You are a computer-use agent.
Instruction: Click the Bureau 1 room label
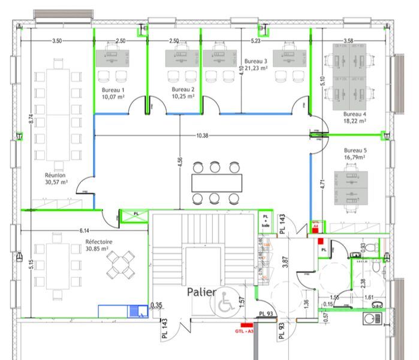click(113, 89)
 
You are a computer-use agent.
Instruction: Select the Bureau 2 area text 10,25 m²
click(183, 96)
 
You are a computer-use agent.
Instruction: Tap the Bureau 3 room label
click(256, 61)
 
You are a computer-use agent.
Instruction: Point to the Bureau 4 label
click(355, 113)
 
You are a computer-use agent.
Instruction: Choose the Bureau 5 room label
click(355, 151)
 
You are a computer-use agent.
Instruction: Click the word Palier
click(202, 293)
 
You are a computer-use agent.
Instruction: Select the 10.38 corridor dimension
click(202, 136)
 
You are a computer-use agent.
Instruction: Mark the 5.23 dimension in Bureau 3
click(255, 41)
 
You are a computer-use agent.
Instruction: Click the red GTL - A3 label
click(243, 329)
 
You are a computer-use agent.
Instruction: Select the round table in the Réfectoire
click(121, 264)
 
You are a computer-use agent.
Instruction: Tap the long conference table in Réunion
click(58, 114)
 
